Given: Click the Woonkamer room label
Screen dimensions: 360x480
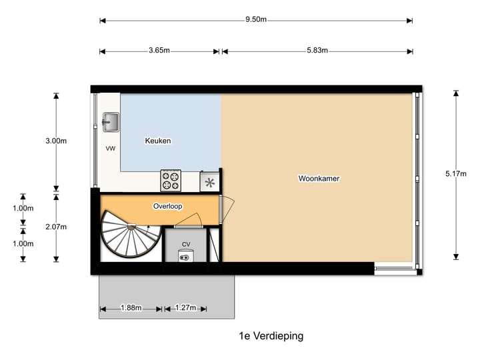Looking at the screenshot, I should [319, 178].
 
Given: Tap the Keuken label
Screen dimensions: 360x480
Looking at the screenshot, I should [158, 141].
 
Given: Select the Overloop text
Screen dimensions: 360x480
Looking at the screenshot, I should [167, 206].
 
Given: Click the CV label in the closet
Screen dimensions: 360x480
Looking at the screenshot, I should [186, 244].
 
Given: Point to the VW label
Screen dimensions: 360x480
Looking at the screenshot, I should [110, 149].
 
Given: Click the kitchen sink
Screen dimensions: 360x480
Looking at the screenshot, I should [110, 122].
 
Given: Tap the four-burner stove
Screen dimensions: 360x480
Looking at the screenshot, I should [171, 180].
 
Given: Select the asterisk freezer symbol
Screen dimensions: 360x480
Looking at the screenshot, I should [210, 182].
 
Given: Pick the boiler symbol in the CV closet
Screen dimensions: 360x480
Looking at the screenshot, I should [185, 256].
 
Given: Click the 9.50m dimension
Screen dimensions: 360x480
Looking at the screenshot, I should [256, 20].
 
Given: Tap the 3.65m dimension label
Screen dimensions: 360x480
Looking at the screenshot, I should [158, 51].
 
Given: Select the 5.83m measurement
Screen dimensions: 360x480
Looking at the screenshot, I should [316, 51].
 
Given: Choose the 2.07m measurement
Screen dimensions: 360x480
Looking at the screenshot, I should [56, 227].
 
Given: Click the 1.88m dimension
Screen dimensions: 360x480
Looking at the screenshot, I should [131, 308].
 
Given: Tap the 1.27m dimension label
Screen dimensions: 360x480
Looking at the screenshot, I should [185, 308].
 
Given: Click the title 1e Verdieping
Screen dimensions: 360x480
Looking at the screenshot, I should [271, 337].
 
